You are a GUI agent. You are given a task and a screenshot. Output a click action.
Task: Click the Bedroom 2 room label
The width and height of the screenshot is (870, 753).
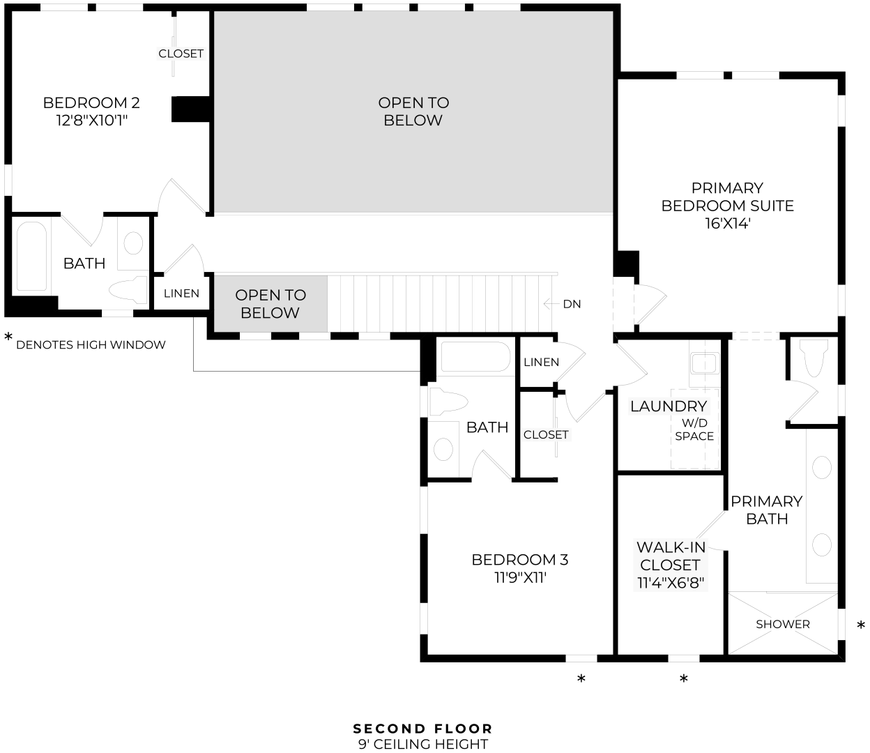(x=91, y=102)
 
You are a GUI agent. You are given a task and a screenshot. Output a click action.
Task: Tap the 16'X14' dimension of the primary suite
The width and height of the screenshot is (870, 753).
(x=728, y=224)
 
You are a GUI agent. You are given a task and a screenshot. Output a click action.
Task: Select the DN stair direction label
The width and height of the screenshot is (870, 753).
(x=572, y=304)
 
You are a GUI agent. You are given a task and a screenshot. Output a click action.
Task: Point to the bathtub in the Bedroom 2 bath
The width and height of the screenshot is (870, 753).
(x=31, y=256)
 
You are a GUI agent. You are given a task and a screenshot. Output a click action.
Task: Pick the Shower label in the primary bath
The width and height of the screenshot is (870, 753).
(x=782, y=624)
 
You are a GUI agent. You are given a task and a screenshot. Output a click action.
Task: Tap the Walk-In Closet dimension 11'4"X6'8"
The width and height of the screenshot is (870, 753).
(x=671, y=583)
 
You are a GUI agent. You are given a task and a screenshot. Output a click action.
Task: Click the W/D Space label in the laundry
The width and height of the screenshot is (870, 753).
(x=694, y=429)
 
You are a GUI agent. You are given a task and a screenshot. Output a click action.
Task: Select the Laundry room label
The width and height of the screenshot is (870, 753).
(x=669, y=406)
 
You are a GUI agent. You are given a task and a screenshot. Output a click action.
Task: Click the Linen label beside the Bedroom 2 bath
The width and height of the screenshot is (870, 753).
(x=181, y=294)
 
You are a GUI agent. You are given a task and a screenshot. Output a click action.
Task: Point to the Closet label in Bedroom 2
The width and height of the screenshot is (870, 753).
(x=181, y=54)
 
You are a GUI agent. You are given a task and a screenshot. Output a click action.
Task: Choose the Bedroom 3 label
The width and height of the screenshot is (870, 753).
(x=520, y=559)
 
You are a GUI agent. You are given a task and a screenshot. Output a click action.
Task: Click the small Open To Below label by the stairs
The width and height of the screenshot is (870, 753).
(x=270, y=304)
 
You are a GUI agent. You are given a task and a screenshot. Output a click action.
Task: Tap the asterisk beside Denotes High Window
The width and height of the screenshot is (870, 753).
(x=8, y=337)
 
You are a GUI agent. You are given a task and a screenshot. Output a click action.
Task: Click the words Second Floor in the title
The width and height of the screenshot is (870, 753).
(x=422, y=729)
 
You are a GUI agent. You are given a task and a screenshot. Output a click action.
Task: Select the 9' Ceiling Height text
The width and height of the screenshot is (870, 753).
(x=423, y=744)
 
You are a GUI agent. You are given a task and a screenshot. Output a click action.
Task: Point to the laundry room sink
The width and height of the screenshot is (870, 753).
(x=705, y=363)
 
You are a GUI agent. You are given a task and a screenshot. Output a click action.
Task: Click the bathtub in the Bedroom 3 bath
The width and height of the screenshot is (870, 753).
(x=475, y=356)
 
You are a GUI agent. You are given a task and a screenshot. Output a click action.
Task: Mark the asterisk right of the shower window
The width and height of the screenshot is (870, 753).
(x=861, y=625)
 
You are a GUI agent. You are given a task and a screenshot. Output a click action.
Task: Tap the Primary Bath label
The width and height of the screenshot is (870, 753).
(x=766, y=510)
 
